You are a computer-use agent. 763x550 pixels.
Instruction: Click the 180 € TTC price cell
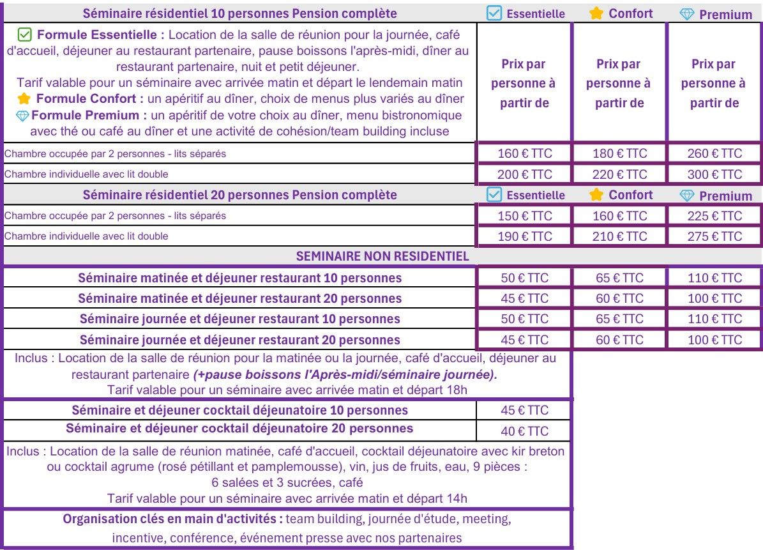point(619,153)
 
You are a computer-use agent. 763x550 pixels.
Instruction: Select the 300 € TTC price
point(714,174)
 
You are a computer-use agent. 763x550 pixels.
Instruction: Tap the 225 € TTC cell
point(714,216)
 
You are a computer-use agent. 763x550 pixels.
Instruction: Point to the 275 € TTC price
point(714,236)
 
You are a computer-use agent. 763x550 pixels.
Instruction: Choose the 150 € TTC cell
point(524,216)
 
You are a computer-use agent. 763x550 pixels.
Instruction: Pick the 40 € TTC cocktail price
point(524,431)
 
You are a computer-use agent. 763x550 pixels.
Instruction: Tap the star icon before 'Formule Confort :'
point(24,99)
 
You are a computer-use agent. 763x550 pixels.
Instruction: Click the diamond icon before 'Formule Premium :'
point(22,116)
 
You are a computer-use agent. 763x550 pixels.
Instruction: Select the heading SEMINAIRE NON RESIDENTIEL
point(382,257)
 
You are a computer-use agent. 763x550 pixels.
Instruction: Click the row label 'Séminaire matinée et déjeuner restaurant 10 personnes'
point(240,278)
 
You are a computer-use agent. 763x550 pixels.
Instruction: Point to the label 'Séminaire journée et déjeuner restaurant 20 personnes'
point(240,340)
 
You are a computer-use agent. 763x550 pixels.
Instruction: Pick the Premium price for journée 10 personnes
point(714,319)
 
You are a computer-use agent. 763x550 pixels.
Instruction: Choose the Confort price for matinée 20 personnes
point(619,298)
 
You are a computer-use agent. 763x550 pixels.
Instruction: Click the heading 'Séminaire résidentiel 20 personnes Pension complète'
point(240,195)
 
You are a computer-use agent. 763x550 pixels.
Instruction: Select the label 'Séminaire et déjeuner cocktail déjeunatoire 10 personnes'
point(240,410)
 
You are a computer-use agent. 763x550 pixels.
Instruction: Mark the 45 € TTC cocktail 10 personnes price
point(524,411)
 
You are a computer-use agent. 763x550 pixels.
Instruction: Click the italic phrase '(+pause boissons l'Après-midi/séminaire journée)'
point(345,374)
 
